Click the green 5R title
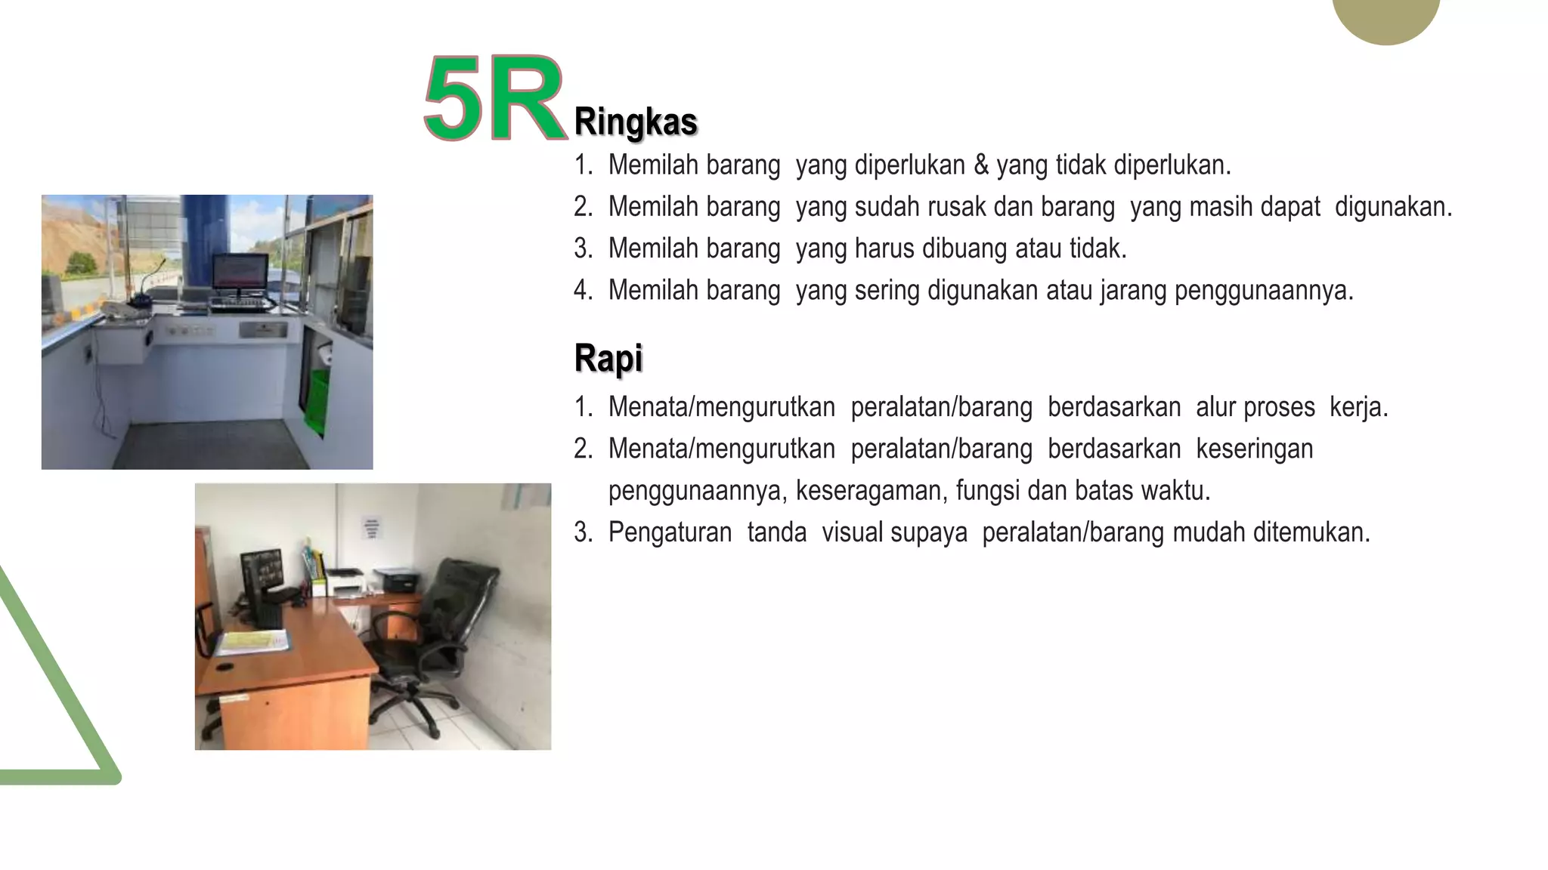pyautogui.click(x=495, y=99)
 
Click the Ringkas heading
pyautogui.click(x=635, y=122)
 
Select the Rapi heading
pyautogui.click(x=608, y=358)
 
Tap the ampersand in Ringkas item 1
pyautogui.click(x=981, y=165)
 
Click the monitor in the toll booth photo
pyautogui.click(x=240, y=273)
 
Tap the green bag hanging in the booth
pyautogui.click(x=317, y=400)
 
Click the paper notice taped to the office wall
pyautogui.click(x=371, y=528)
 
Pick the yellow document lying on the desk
pyautogui.click(x=253, y=641)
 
